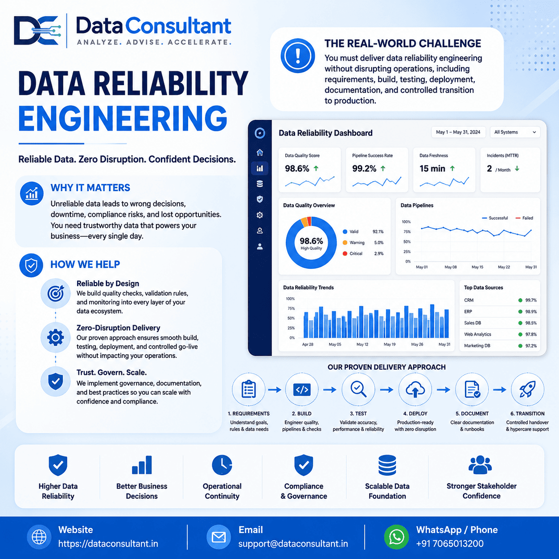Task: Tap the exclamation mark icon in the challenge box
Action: (298, 56)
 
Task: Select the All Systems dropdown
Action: (515, 132)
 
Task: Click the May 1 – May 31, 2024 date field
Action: (458, 132)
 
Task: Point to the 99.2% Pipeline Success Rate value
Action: (364, 169)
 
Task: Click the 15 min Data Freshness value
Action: (432, 169)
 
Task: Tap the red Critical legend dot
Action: (345, 254)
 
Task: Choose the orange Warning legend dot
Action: (345, 243)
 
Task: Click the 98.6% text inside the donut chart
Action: (311, 241)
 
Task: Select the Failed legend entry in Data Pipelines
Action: (524, 218)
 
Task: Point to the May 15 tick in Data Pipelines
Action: (477, 267)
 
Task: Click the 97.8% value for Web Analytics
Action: (531, 334)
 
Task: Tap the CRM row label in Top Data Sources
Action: (469, 300)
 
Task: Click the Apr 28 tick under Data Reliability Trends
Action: (308, 344)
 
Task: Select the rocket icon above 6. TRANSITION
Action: (527, 389)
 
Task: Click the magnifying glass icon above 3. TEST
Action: (358, 389)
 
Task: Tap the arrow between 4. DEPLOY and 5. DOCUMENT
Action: (443, 390)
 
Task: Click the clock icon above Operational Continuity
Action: (222, 465)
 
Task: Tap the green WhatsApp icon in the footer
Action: (396, 537)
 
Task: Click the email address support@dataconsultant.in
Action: (293, 543)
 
